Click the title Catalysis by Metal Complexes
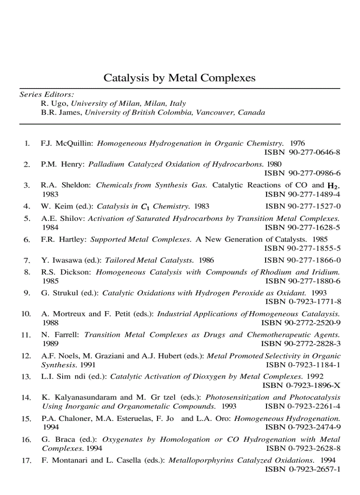click(x=179, y=78)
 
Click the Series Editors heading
click(x=47, y=94)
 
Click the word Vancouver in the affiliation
click(x=214, y=112)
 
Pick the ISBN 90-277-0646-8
click(x=302, y=153)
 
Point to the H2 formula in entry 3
click(x=334, y=186)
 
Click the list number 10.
click(x=26, y=314)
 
